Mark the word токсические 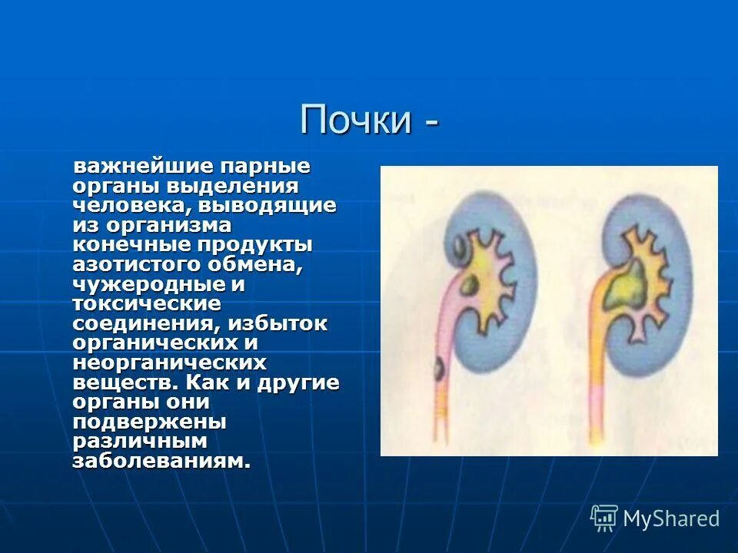[135, 303]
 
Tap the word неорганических [170, 363]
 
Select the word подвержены [149, 422]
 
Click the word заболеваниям [161, 462]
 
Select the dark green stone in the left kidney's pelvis [471, 286]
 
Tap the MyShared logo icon [604, 518]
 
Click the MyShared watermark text [671, 519]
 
